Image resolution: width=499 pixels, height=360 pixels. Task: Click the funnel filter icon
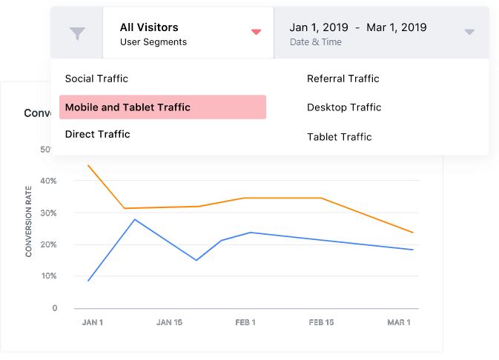tap(76, 33)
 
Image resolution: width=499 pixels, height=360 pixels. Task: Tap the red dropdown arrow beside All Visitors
tap(256, 32)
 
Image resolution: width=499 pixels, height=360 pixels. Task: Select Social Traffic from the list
tap(96, 79)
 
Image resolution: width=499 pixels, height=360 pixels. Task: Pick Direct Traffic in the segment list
tap(97, 134)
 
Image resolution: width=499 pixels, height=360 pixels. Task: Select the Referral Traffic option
tap(343, 79)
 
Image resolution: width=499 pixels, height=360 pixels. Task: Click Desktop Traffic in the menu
tap(344, 107)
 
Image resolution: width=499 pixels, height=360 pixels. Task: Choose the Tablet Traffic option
tap(339, 137)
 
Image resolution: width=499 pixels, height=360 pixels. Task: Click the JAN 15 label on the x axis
tap(169, 322)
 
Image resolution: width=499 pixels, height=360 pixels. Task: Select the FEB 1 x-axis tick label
tap(245, 322)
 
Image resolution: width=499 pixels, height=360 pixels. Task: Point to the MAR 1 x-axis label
tap(398, 322)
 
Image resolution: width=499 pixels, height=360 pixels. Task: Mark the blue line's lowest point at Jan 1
tap(88, 281)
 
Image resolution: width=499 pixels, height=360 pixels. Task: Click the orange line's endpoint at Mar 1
tap(413, 233)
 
